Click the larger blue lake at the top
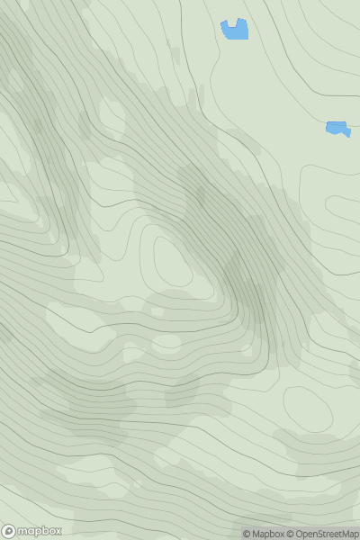click(235, 31)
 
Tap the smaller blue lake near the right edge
click(337, 129)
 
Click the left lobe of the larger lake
click(226, 28)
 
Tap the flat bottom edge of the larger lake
click(236, 39)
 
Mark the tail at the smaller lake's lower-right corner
click(347, 134)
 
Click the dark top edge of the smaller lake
click(336, 123)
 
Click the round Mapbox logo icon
click(9, 531)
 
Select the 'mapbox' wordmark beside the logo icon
click(38, 531)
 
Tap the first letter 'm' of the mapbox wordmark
click(22, 531)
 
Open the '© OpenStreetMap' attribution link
click(322, 534)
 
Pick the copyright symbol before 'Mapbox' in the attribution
click(246, 534)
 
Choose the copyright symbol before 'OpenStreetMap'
click(291, 534)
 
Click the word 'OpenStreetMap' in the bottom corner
click(327, 534)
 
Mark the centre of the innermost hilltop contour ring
click(173, 261)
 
